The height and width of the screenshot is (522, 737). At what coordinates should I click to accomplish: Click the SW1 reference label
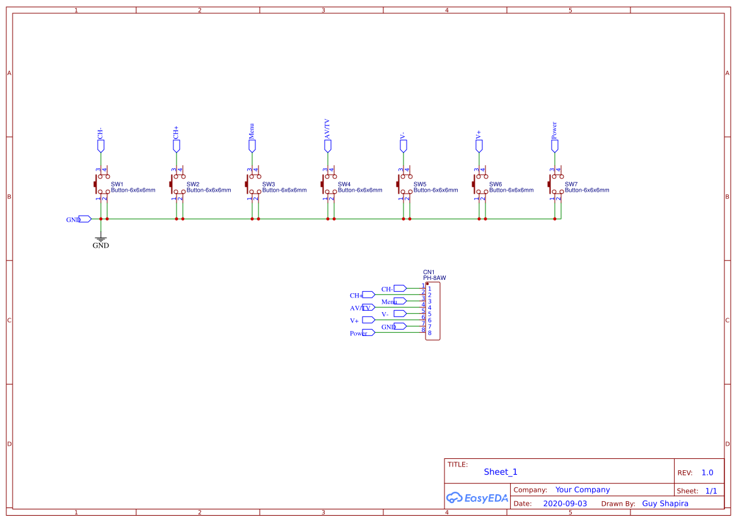click(x=117, y=184)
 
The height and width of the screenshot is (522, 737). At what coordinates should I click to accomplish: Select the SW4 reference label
click(x=344, y=184)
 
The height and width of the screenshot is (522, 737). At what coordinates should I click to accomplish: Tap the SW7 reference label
click(x=571, y=184)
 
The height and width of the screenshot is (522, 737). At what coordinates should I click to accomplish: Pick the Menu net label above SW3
click(x=252, y=131)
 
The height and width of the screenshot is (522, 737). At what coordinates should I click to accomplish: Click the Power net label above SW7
click(x=554, y=130)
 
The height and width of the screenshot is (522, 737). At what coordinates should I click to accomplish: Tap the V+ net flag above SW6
click(x=479, y=146)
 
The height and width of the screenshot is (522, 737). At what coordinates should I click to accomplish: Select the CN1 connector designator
click(x=429, y=272)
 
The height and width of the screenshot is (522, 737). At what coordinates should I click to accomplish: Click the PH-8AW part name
click(x=434, y=278)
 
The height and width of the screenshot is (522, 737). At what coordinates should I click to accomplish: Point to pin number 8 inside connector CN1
click(x=429, y=333)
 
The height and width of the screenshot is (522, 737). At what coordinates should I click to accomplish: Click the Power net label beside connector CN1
click(x=359, y=333)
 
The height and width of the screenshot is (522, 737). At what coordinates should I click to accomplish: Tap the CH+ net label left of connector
click(x=356, y=295)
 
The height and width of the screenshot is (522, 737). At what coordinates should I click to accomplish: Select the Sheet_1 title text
click(x=501, y=472)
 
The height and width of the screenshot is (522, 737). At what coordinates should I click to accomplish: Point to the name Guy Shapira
click(x=665, y=504)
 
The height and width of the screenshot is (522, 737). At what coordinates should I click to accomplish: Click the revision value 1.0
click(x=707, y=473)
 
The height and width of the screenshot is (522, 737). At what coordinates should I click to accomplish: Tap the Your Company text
click(x=583, y=490)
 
